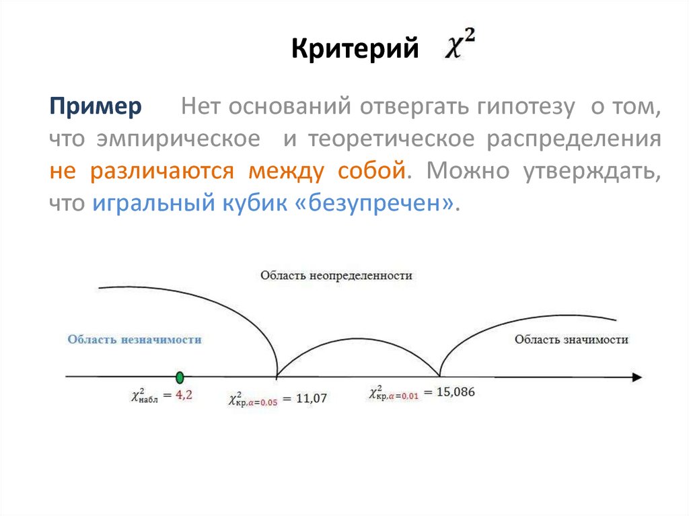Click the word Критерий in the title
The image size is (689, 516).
pos(355,49)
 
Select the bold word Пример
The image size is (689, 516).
pos(95,108)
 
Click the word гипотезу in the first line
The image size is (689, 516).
pos(528,108)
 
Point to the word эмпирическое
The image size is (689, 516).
pos(178,139)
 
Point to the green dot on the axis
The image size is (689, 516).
pos(179,377)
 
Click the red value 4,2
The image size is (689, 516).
pos(184,396)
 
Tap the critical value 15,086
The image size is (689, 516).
pos(456,392)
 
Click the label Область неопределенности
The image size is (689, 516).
pos(336,276)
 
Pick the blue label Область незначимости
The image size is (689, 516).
pos(135,340)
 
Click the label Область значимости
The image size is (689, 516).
pos(571,340)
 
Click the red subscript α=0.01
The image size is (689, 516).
pos(402,396)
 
